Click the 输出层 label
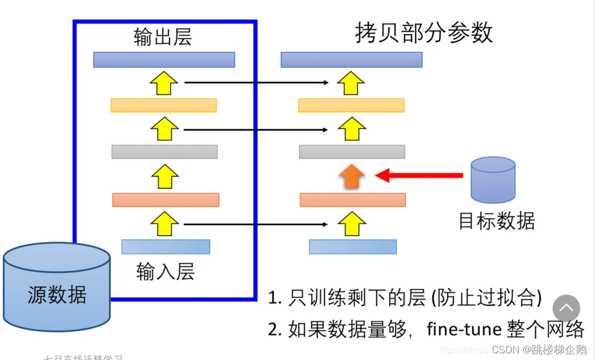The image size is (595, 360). (x=163, y=37)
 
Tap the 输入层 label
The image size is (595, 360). (x=166, y=272)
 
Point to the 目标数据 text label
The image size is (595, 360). (x=497, y=221)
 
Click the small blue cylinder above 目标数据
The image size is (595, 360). (x=492, y=180)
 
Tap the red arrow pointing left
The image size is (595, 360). (x=419, y=176)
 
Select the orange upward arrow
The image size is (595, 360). (x=352, y=176)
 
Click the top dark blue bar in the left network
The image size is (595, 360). (x=164, y=60)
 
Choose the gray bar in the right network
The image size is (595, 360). (x=352, y=152)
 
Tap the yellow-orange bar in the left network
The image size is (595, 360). (x=163, y=105)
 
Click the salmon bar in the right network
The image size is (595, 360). (x=353, y=200)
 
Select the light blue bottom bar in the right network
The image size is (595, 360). (x=353, y=246)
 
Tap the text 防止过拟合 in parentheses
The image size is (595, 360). (x=486, y=298)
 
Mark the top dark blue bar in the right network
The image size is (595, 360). (x=352, y=60)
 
